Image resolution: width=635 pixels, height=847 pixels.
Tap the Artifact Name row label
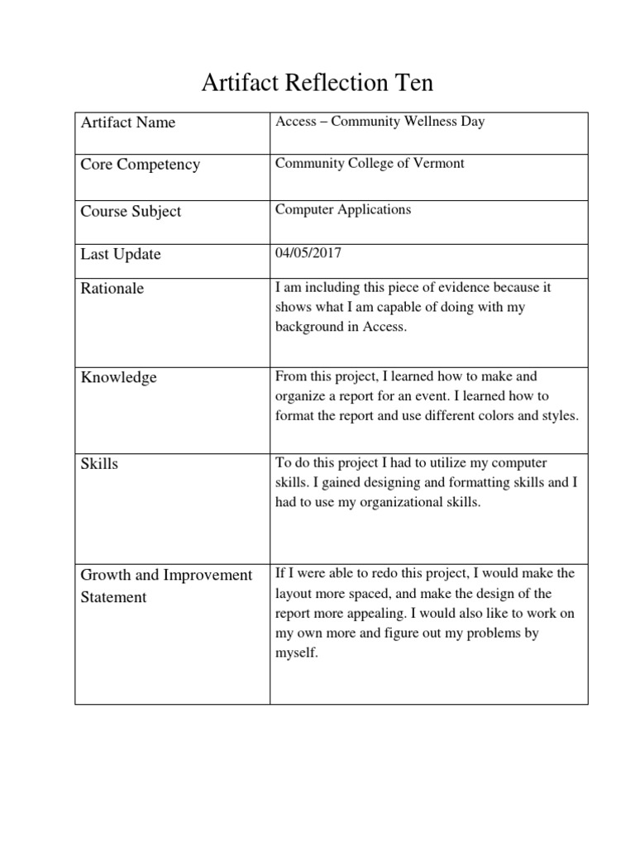[127, 122]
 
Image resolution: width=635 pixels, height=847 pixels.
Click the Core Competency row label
[140, 165]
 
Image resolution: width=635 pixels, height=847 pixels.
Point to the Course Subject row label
[131, 211]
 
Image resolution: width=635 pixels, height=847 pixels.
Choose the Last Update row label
[121, 254]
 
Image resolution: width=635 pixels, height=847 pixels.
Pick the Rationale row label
[112, 289]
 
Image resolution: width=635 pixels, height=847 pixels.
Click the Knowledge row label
[118, 378]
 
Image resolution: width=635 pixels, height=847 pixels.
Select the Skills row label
[99, 464]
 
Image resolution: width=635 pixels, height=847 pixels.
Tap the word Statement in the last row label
[113, 597]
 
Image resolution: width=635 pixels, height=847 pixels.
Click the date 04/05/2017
[308, 253]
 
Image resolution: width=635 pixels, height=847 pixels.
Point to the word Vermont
[439, 163]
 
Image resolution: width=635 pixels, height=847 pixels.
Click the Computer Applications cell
[342, 209]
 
